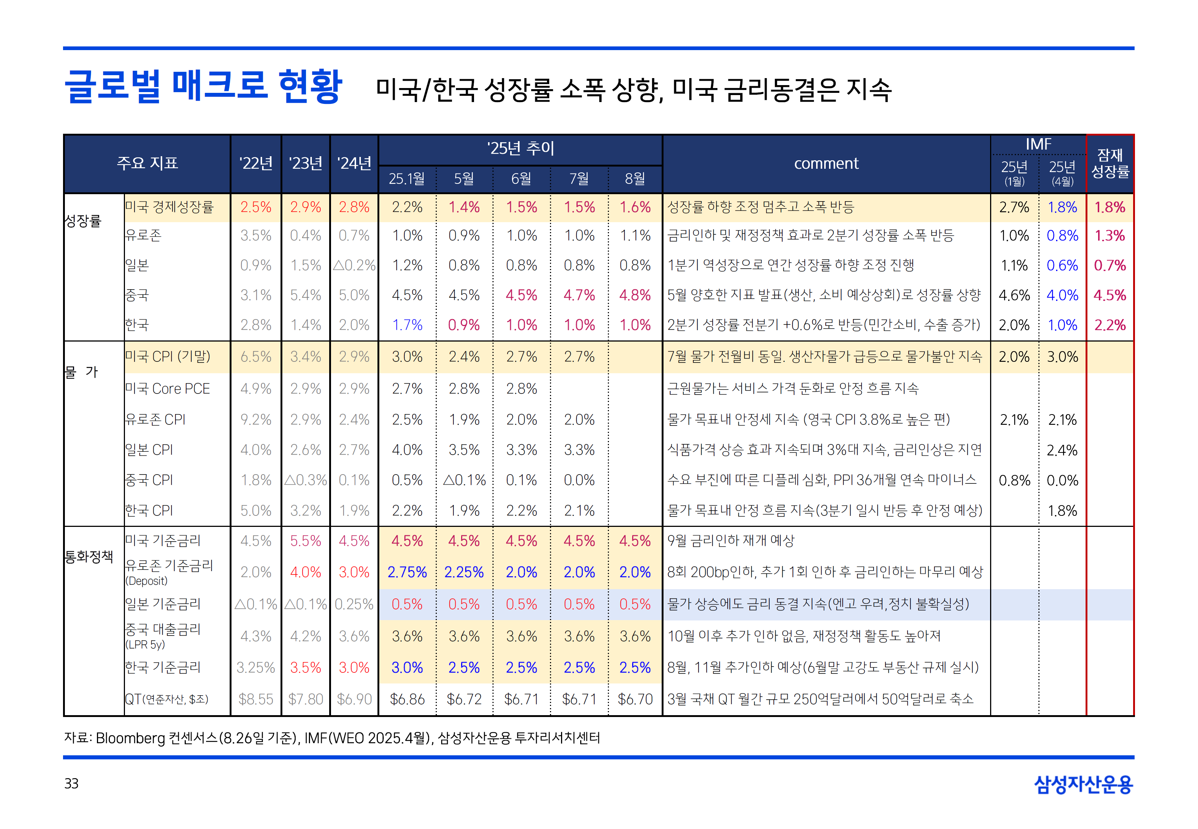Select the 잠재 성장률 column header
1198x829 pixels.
tap(1110, 163)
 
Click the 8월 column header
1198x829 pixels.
tap(635, 179)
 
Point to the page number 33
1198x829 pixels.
tap(71, 783)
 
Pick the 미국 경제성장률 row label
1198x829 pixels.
tap(169, 207)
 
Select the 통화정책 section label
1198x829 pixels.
tap(89, 557)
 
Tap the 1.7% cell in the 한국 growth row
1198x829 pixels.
tap(407, 325)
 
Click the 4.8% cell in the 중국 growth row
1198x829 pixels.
tap(635, 295)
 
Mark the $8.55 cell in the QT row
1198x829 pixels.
tap(255, 699)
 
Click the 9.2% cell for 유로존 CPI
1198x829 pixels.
tap(255, 419)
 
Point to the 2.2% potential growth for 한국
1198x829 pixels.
tap(1110, 325)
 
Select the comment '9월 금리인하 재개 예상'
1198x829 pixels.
tap(731, 541)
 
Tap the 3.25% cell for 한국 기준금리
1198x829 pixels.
tap(255, 668)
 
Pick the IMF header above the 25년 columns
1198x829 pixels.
tap(1038, 144)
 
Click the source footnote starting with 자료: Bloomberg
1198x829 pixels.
tap(332, 738)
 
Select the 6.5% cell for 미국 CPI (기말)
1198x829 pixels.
tap(255, 357)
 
